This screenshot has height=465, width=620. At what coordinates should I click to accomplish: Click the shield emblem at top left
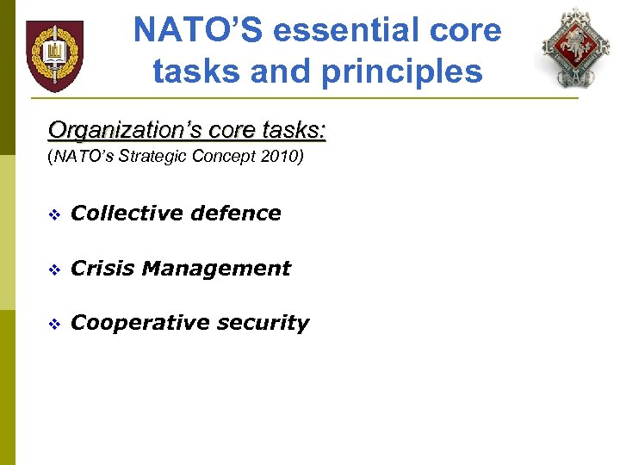tap(54, 56)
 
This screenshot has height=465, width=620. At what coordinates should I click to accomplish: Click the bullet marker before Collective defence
tap(54, 214)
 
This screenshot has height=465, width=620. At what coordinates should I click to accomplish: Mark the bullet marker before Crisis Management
tap(54, 270)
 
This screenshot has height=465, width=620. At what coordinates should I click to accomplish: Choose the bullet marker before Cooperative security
tap(54, 324)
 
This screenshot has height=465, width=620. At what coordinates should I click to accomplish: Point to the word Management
tap(216, 269)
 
